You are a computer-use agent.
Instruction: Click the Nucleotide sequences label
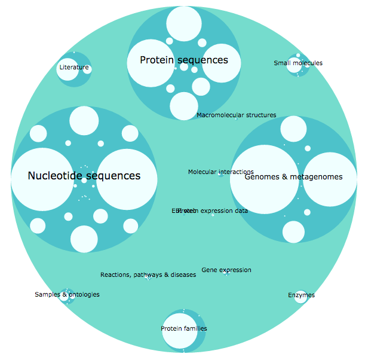pyautogui.click(x=84, y=176)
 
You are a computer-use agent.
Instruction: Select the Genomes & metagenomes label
pyautogui.click(x=293, y=177)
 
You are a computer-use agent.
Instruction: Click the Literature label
pyautogui.click(x=74, y=68)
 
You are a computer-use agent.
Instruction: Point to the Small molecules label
pyautogui.click(x=298, y=63)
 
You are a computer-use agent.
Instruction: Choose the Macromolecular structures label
pyautogui.click(x=236, y=115)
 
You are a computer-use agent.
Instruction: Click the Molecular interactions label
pyautogui.click(x=220, y=172)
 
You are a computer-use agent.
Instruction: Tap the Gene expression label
pyautogui.click(x=226, y=270)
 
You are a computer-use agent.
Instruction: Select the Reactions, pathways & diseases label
pyautogui.click(x=148, y=275)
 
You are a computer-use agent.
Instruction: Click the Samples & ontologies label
pyautogui.click(x=67, y=295)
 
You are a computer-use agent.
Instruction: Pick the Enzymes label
pyautogui.click(x=301, y=295)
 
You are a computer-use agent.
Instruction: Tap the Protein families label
pyautogui.click(x=184, y=329)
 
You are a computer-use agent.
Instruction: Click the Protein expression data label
pyautogui.click(x=213, y=211)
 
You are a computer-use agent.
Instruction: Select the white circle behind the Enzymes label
pyautogui.click(x=300, y=297)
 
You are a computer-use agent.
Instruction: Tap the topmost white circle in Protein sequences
pyautogui.click(x=179, y=23)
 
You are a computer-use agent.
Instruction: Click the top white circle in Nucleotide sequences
pyautogui.click(x=84, y=120)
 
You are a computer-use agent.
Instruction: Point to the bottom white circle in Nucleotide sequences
pyautogui.click(x=84, y=239)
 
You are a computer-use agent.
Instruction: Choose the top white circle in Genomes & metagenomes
pyautogui.click(x=293, y=129)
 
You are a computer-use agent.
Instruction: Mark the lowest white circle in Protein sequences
pyautogui.click(x=184, y=106)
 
